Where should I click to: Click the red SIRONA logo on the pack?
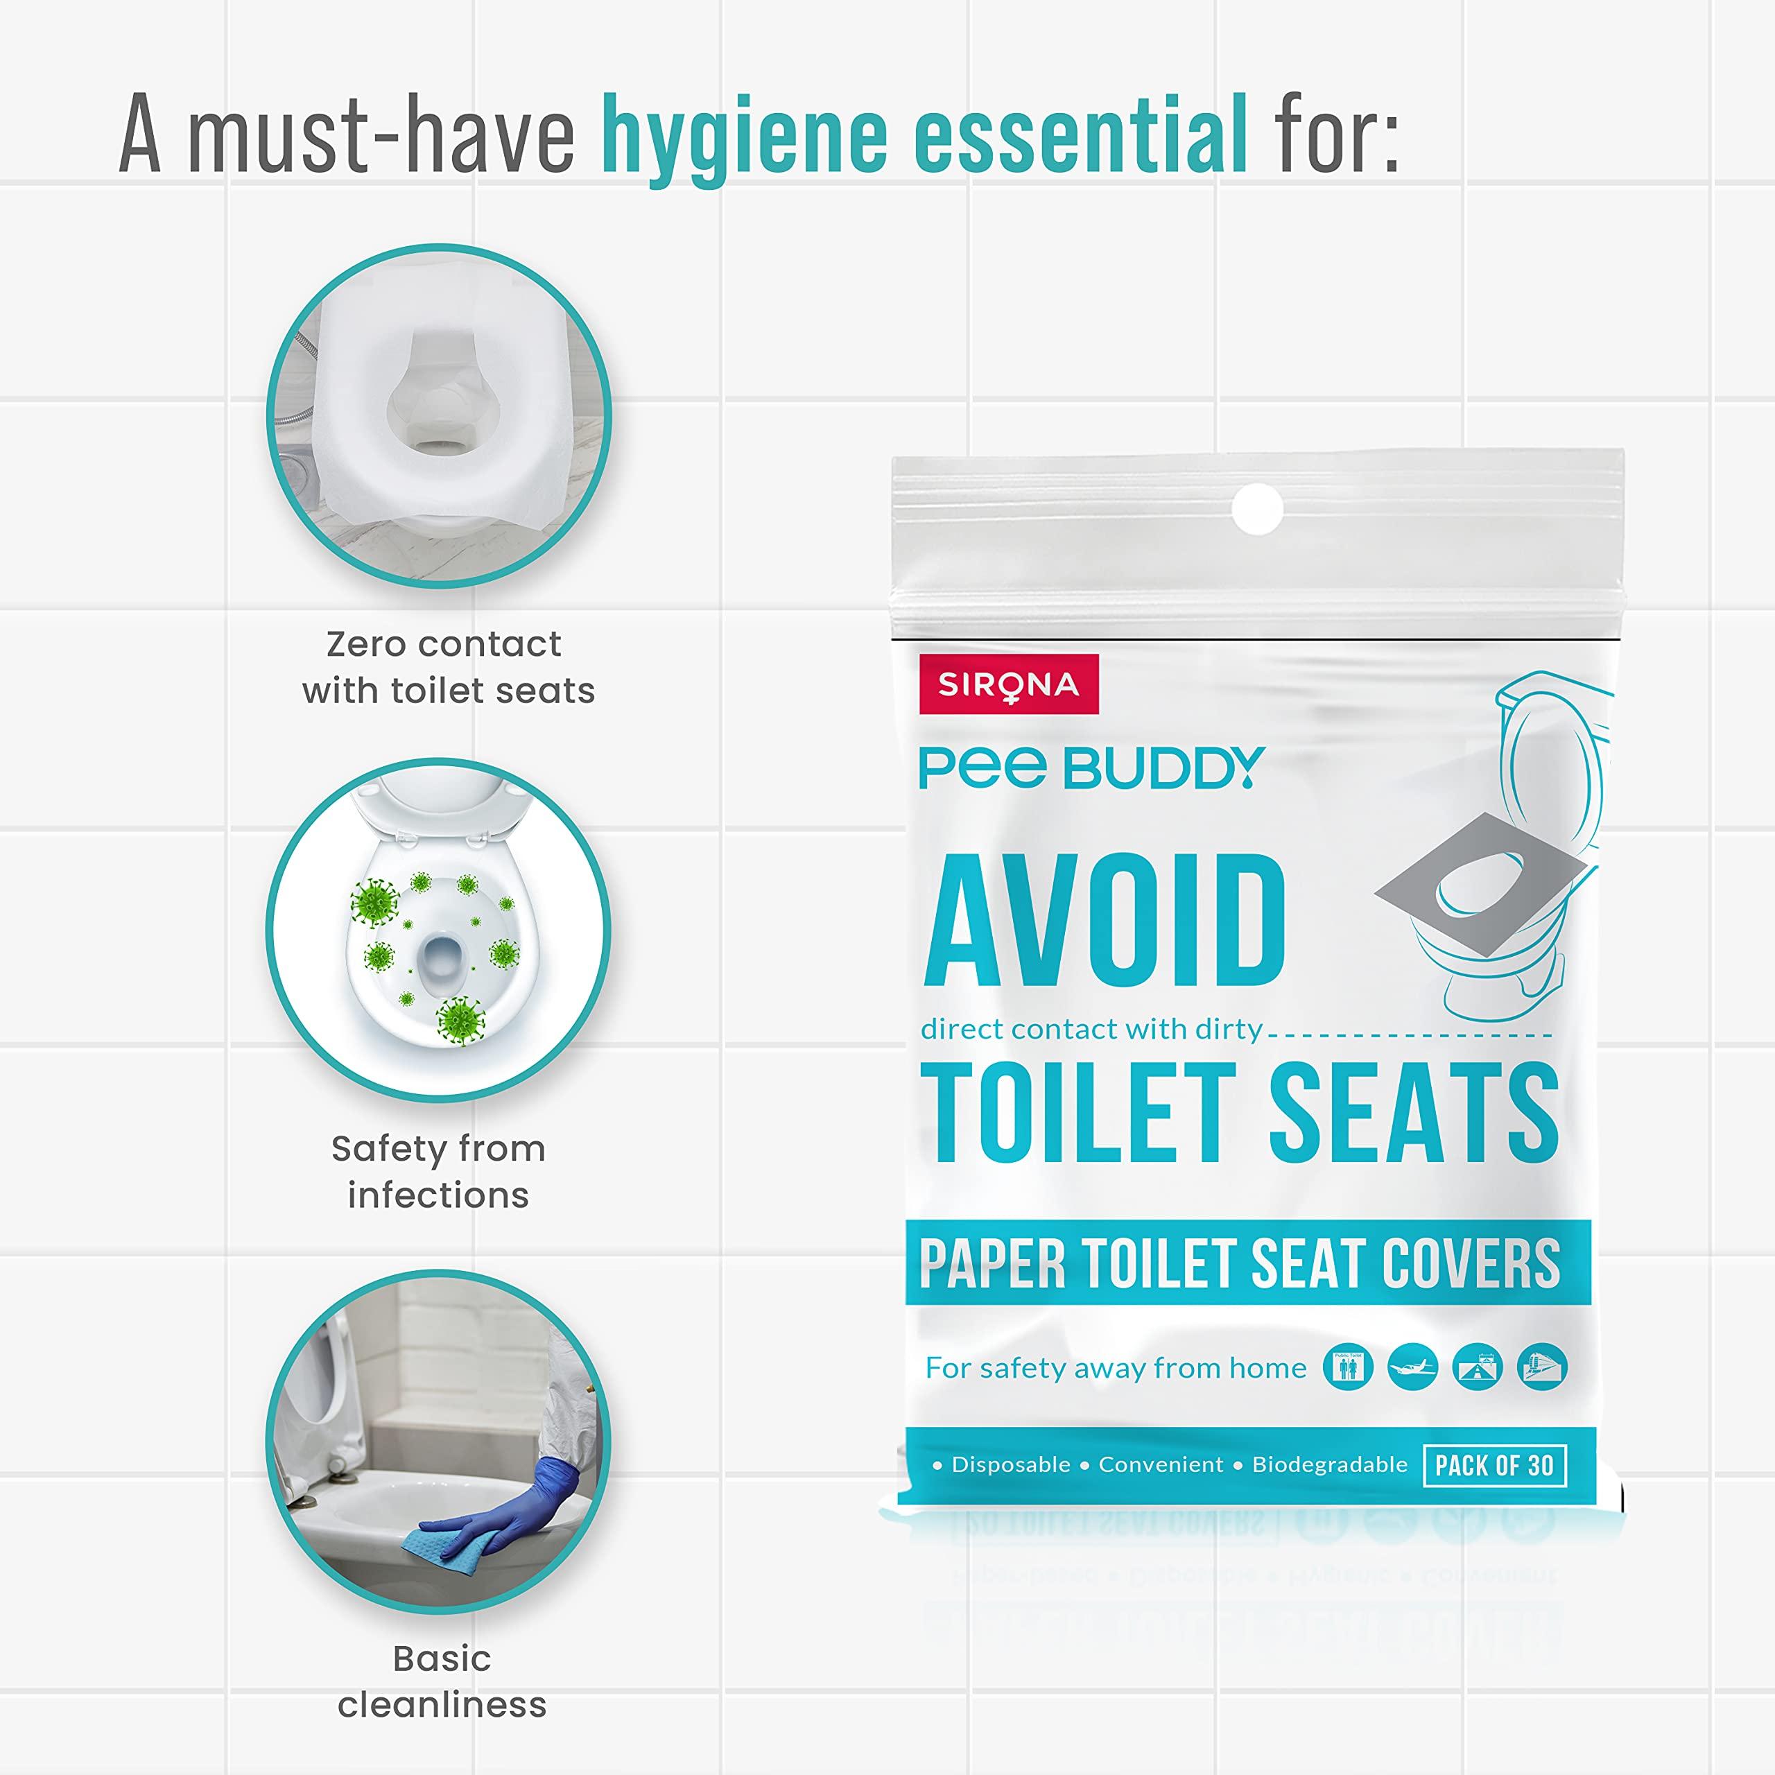[x=1008, y=684]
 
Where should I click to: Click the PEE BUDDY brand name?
[x=1091, y=768]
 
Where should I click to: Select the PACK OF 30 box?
[x=1494, y=1464]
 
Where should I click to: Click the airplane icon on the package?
[x=1412, y=1367]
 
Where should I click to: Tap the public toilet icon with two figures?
[x=1348, y=1367]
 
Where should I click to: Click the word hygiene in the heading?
[x=744, y=138]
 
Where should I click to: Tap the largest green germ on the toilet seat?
[x=460, y=1018]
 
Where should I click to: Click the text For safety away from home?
[x=1116, y=1368]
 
